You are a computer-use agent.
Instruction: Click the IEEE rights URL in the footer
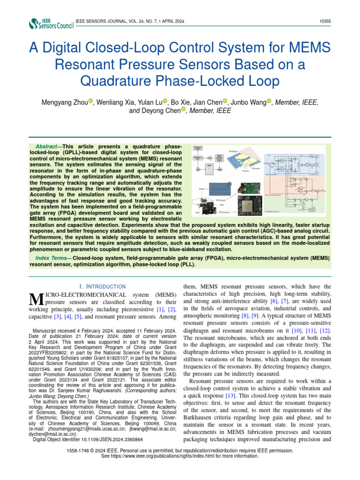click(180, 456)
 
